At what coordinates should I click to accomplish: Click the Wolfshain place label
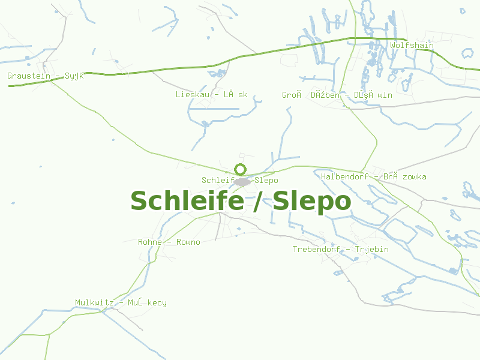pos(412,46)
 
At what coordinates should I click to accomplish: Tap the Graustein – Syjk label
pos(45,76)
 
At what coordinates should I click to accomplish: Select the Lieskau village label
pos(211,95)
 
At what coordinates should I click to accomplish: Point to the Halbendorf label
pos(373,177)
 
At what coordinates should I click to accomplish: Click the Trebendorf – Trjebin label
pos(340,250)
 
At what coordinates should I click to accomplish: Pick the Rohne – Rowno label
pos(169,242)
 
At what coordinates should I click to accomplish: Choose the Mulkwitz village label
pos(121,303)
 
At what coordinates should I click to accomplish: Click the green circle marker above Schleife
pos(240,169)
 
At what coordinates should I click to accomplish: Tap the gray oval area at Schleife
pos(242,181)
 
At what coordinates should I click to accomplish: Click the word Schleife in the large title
pos(187,202)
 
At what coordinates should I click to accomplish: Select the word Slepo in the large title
pos(311,202)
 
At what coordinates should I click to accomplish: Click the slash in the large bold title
pos(258,202)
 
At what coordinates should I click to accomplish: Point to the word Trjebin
pos(371,250)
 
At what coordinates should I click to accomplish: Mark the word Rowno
pos(188,242)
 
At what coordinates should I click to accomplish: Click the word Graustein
pos(29,76)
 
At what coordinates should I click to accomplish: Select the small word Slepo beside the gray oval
pos(266,181)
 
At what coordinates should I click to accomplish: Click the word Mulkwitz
pos(94,303)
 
